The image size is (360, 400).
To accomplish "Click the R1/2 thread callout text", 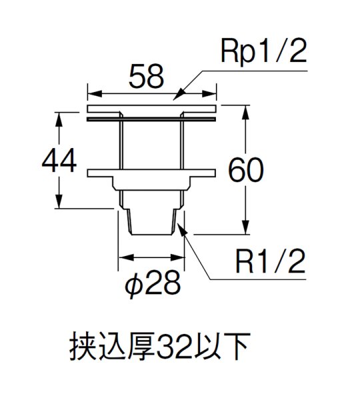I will tap(267, 263).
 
